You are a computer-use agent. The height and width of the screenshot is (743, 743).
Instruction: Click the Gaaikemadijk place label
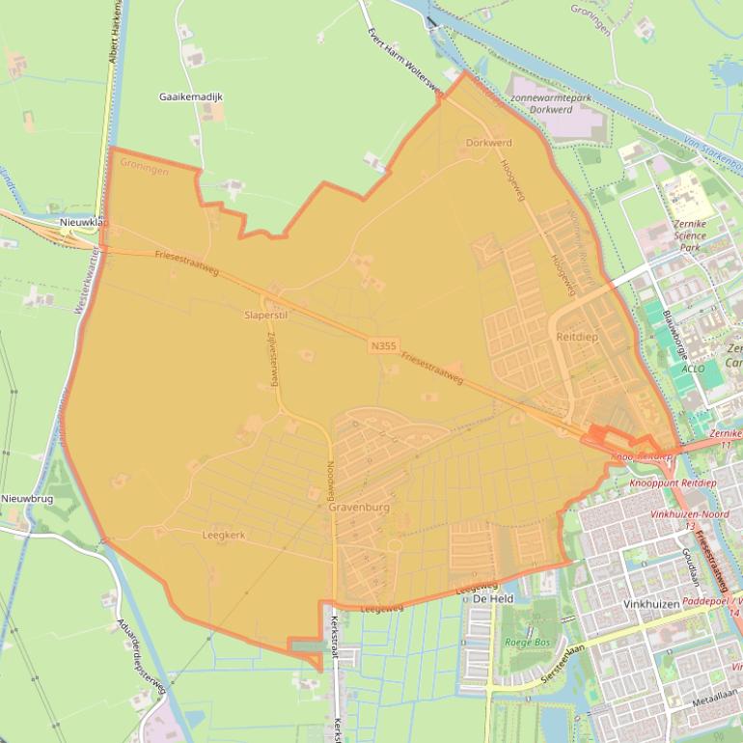[191, 96]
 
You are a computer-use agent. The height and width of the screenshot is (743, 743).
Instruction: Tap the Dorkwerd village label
[488, 143]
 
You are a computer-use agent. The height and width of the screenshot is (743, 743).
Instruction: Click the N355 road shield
[382, 344]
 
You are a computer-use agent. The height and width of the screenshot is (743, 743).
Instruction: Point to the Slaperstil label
[266, 315]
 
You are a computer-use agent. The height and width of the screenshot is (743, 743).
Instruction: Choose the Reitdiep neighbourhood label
[577, 337]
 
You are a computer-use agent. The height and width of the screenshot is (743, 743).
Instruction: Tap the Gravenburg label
[358, 507]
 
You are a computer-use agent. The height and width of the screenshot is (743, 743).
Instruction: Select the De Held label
[492, 599]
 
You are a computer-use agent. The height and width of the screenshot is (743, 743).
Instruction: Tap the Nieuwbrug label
[27, 498]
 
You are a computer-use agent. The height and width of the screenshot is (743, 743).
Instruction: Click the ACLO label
[692, 369]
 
